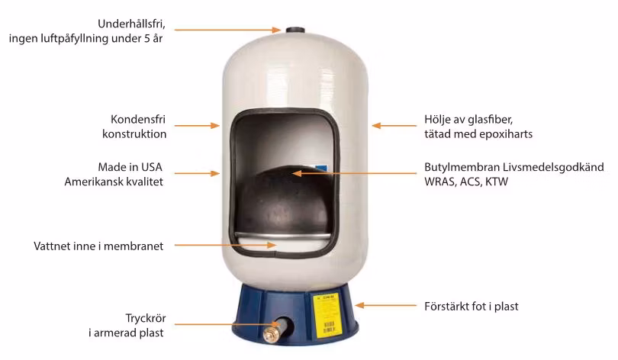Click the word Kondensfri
(137, 120)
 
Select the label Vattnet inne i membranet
(98, 246)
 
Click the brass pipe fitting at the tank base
(271, 333)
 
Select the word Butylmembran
(461, 167)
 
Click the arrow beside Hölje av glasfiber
(391, 127)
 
